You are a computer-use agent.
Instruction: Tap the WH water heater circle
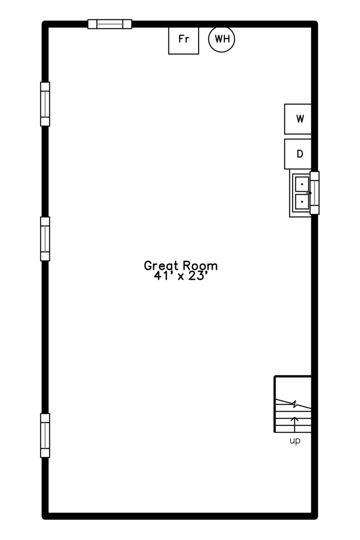(x=221, y=39)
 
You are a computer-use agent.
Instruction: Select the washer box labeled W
(x=298, y=119)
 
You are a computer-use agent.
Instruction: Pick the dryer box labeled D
(x=298, y=154)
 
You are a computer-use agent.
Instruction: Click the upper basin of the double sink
(x=302, y=184)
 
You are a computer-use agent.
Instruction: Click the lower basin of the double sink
(x=302, y=201)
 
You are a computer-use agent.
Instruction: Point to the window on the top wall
(x=109, y=24)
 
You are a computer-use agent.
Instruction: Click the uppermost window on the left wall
(x=45, y=104)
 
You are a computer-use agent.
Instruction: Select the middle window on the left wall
(x=45, y=238)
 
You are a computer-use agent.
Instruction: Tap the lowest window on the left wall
(x=45, y=435)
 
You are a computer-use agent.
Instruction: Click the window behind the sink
(x=314, y=193)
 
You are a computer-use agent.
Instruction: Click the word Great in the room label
(x=161, y=265)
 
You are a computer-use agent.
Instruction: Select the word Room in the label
(x=200, y=265)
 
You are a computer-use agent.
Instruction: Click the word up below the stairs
(x=295, y=441)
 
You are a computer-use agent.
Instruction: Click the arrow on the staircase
(x=294, y=424)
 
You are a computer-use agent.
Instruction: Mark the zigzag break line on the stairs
(x=293, y=404)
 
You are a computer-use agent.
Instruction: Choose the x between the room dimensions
(x=180, y=276)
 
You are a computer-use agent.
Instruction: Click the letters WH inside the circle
(x=222, y=39)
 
